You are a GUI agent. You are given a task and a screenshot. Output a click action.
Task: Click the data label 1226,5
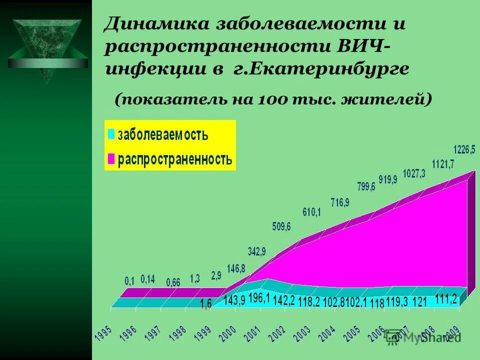464,149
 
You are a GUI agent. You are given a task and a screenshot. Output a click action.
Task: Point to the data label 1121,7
442,163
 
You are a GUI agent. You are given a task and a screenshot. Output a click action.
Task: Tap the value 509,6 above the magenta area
281,226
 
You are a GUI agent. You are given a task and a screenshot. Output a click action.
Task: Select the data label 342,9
257,250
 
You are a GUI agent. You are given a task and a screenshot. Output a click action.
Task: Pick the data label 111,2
446,298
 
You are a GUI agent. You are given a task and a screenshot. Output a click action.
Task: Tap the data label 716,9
340,202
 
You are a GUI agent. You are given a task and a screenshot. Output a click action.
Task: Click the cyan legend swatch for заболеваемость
111,134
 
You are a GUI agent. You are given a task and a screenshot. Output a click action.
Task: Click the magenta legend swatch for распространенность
111,159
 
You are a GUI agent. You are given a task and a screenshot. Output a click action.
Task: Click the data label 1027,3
414,173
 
